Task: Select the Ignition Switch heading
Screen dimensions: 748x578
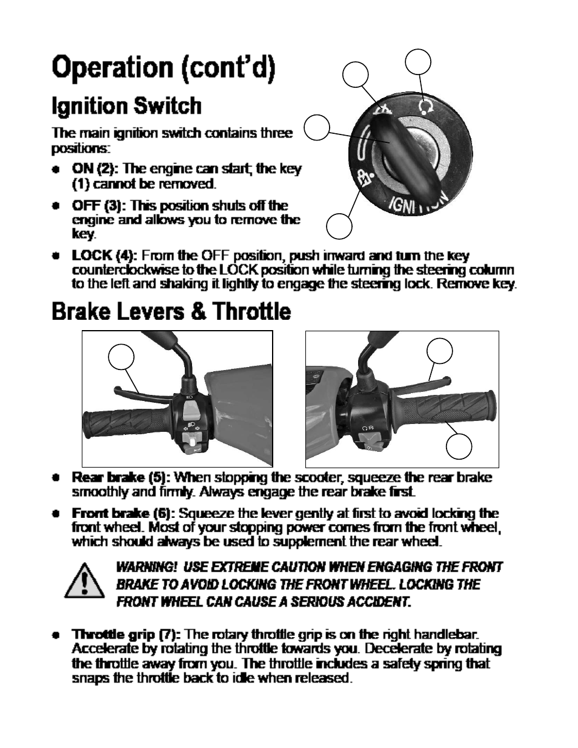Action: click(x=127, y=106)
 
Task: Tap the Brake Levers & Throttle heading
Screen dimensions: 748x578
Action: click(x=171, y=312)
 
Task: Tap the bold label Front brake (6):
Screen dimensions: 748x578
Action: click(x=124, y=514)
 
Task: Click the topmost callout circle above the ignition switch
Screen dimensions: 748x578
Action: click(x=418, y=62)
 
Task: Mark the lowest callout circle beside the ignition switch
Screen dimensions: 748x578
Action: click(x=339, y=226)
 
